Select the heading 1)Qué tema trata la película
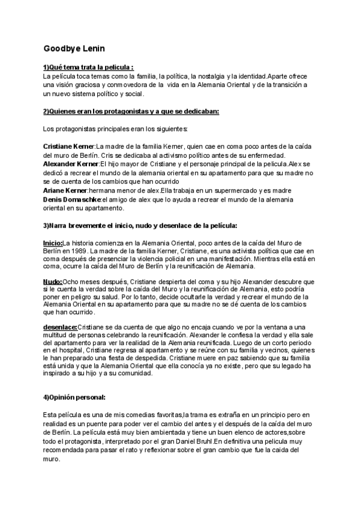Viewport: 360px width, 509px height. [x=88, y=68]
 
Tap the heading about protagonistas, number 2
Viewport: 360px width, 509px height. [x=131, y=111]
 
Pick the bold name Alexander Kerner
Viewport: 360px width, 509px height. [x=71, y=164]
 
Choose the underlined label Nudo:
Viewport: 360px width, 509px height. [x=53, y=281]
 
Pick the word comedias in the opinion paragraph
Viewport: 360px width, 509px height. [x=125, y=415]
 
